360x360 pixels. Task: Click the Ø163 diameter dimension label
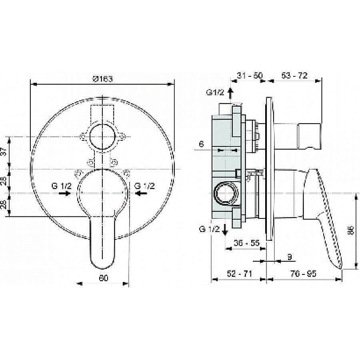point(102,79)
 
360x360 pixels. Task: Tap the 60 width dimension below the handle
point(103,279)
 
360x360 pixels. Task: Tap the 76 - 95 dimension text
point(304,274)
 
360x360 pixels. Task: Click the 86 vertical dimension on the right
point(350,230)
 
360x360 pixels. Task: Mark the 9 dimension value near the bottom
point(289,256)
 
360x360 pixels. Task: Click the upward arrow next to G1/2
point(230,93)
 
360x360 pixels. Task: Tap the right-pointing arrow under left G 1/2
point(63,193)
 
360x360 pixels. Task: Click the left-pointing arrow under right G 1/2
point(141,193)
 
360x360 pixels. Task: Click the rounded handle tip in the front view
point(102,260)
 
